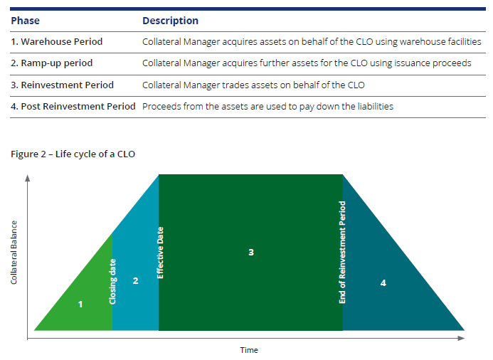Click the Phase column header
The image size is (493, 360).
25,21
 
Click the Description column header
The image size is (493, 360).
170,21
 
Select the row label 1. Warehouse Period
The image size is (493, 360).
57,42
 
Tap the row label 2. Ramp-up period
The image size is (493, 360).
52,63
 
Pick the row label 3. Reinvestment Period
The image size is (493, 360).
62,85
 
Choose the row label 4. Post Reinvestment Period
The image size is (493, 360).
73,106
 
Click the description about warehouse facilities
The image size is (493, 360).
312,42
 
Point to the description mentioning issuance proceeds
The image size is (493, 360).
307,63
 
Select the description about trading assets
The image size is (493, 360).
253,85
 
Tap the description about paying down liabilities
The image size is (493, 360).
267,106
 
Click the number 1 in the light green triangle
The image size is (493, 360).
80,304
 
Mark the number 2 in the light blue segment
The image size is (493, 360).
135,281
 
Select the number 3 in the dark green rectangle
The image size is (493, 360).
251,252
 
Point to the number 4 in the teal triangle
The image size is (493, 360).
383,282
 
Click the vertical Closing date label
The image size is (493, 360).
113,282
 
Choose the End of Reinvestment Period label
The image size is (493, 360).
343,253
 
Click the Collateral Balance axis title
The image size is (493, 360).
14,253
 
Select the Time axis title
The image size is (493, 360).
249,350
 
